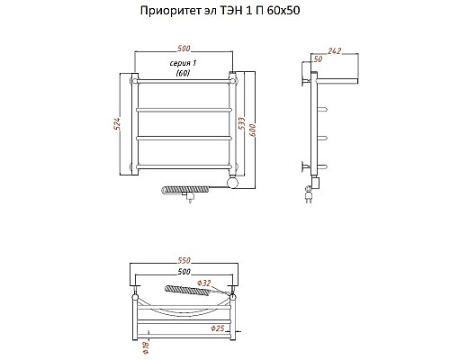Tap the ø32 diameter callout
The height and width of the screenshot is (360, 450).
click(206, 284)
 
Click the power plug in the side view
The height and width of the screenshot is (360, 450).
click(310, 199)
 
